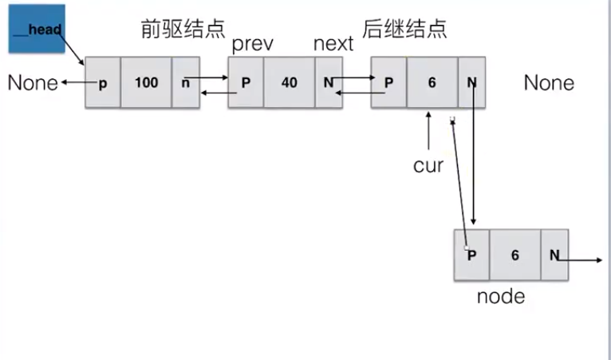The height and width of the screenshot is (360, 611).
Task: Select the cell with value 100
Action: [146, 82]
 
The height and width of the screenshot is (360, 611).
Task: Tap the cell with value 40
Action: [289, 82]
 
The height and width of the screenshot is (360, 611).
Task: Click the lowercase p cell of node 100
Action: [103, 82]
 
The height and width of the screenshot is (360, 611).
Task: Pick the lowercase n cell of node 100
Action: [185, 82]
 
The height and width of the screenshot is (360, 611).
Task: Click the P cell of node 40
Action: [246, 82]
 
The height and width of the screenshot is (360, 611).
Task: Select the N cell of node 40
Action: [328, 82]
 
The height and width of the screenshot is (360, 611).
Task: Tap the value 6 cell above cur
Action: [432, 82]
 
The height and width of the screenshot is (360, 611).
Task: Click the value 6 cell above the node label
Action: [514, 255]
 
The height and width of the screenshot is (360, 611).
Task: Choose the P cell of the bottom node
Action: [472, 255]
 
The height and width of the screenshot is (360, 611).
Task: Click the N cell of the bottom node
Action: [554, 255]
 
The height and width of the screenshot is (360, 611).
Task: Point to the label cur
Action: [428, 166]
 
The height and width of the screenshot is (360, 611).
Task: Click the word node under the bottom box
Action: [501, 297]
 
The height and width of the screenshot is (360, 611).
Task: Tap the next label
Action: [333, 44]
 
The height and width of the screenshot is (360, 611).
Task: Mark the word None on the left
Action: [33, 82]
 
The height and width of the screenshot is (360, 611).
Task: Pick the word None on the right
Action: [549, 82]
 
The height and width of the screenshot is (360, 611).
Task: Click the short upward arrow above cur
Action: [429, 128]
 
